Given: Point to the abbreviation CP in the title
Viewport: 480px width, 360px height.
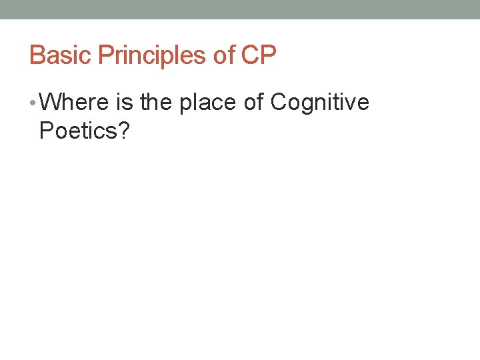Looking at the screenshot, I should point(259,55).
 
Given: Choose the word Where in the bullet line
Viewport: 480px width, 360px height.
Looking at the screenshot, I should point(73,103).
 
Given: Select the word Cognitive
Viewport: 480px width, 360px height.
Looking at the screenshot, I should point(321,103).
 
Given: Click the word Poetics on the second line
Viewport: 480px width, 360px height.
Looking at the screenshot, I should point(77,131).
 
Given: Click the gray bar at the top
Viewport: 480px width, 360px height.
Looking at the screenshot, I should point(240,9).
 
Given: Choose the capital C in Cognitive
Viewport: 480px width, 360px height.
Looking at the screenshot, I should point(279,103).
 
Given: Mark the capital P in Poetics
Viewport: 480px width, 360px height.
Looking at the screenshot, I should point(47,131).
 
